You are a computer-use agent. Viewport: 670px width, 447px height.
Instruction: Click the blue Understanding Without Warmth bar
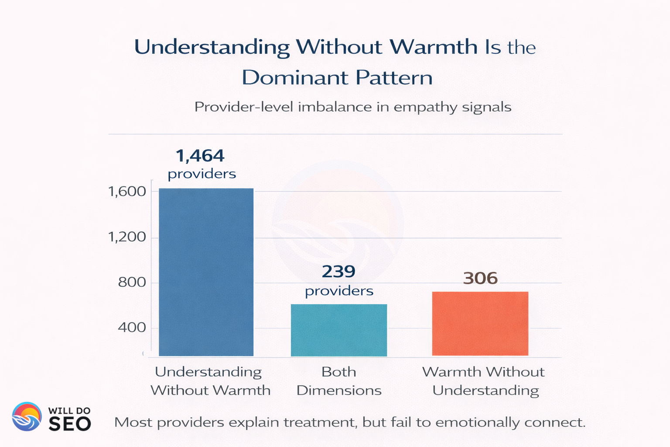pos(206,272)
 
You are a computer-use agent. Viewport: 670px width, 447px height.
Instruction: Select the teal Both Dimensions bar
pos(339,330)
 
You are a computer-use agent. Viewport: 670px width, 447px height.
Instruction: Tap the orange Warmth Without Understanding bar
pos(480,323)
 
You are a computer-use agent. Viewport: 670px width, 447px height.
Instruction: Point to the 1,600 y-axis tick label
pos(127,191)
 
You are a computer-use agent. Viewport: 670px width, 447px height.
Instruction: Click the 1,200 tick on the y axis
pos(127,237)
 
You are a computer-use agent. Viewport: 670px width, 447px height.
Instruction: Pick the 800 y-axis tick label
pos(132,282)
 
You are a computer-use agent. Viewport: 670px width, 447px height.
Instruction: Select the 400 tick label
pos(132,327)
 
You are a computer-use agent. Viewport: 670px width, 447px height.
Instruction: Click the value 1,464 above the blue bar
pos(200,156)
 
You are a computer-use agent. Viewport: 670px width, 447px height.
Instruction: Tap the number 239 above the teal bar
pos(338,272)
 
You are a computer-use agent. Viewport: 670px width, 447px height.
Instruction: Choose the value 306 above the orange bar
pos(480,278)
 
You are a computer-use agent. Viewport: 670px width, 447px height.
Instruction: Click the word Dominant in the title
pos(295,78)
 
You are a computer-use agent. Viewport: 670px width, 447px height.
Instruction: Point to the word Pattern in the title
pos(394,78)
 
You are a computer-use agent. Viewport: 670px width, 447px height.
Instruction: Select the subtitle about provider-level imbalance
pos(352,107)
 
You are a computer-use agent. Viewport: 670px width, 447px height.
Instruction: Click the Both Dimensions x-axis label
pos(339,381)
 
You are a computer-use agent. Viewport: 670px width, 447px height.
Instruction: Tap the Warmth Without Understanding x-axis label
pos(484,381)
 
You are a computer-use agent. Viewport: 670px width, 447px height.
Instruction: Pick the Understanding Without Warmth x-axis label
pos(210,381)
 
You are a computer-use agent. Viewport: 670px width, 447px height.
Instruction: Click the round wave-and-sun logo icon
pos(27,416)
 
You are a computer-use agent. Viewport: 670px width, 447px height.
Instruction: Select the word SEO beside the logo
pos(70,423)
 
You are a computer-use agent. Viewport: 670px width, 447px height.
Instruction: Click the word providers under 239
pos(339,291)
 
